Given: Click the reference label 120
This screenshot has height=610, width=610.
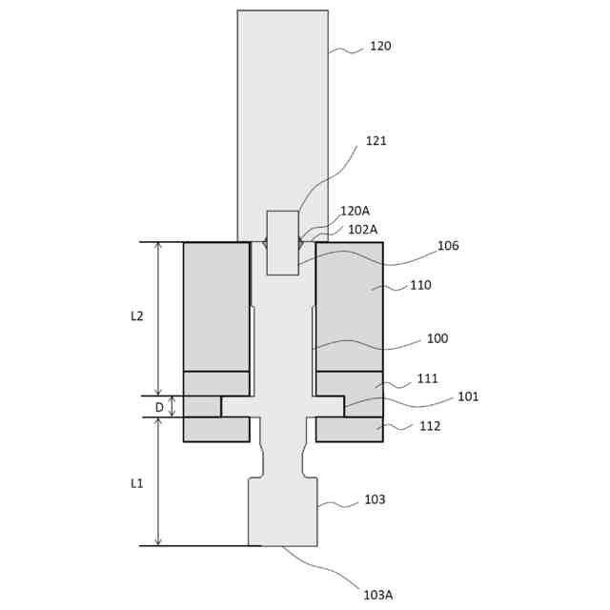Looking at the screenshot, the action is pyautogui.click(x=380, y=47).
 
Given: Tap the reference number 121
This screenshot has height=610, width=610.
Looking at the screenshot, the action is pyautogui.click(x=376, y=141).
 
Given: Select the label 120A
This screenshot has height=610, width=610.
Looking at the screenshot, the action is pyautogui.click(x=355, y=211).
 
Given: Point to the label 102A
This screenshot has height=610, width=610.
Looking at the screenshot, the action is pyautogui.click(x=362, y=230).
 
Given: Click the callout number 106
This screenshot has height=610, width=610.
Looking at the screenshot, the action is pyautogui.click(x=448, y=246).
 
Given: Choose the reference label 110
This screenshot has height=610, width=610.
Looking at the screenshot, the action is pyautogui.click(x=420, y=285).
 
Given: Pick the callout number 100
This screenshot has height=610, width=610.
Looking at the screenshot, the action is pyautogui.click(x=437, y=338).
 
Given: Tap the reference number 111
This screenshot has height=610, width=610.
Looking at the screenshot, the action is pyautogui.click(x=427, y=378).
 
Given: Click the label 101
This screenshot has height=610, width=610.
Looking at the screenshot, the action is pyautogui.click(x=468, y=396).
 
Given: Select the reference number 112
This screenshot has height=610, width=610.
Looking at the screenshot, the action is pyautogui.click(x=430, y=426).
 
